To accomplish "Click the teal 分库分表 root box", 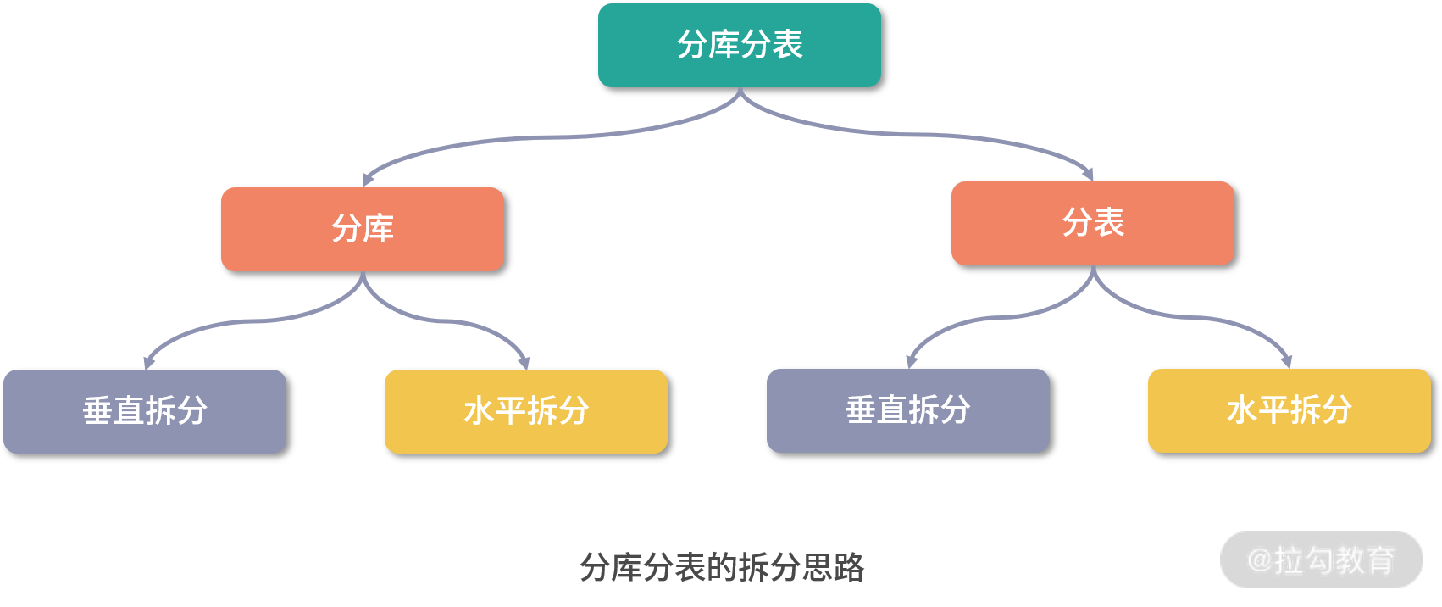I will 739,45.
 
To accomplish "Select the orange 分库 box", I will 362,229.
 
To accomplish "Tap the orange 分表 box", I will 1092,223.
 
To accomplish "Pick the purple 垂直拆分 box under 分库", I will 145,411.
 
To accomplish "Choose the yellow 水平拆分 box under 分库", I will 525,411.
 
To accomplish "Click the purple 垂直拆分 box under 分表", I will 907,410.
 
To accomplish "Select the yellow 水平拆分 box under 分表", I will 1289,410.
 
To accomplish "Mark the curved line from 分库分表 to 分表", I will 923,134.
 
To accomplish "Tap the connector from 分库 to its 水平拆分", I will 449,321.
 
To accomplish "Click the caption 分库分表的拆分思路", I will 722,567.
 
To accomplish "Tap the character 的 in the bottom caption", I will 723,567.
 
